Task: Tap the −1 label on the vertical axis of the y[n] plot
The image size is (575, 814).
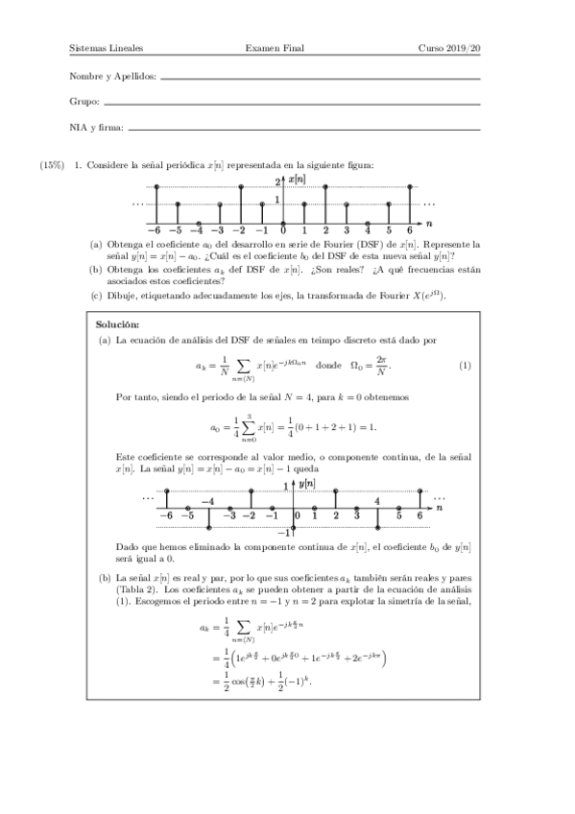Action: pos(283,533)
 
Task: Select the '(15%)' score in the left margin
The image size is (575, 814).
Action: pos(52,165)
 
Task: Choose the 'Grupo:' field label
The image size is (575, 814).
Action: pos(84,101)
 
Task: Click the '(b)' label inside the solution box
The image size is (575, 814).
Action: pos(105,577)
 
